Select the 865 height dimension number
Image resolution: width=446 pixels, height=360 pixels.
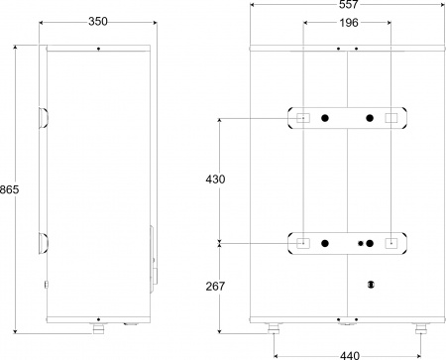click(9, 189)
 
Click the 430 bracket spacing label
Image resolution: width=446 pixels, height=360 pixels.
click(215, 180)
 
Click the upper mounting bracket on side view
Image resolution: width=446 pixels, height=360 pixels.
click(43, 118)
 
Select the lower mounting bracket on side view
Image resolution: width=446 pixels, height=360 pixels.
click(43, 241)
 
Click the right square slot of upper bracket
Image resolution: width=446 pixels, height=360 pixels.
click(392, 119)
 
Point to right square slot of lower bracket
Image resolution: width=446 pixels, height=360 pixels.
click(392, 242)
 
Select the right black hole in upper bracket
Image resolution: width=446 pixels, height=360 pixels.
click(369, 119)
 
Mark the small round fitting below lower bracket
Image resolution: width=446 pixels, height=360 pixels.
click(370, 284)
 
